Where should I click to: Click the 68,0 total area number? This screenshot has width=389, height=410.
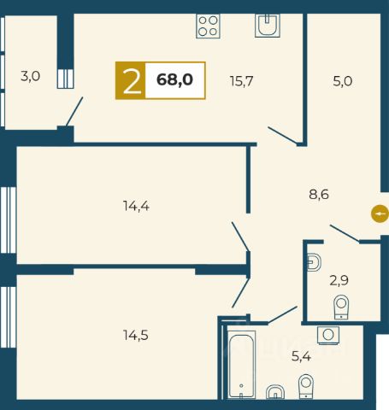point(174,79)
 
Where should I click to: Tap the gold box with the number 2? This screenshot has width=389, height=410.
point(131,80)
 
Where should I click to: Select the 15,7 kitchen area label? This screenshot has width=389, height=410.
point(241,81)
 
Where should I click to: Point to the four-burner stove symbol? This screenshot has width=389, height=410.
point(209,26)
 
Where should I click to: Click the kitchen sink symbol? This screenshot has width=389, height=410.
point(268,26)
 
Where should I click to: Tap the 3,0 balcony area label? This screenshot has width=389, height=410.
point(31,76)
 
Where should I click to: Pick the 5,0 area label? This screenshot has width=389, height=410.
point(343,81)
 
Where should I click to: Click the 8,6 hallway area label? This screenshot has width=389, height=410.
point(319,195)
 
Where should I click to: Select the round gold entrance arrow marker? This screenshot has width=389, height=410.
point(380,214)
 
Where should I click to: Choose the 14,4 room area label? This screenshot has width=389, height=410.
point(136,206)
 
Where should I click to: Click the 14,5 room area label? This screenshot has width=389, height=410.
point(136,335)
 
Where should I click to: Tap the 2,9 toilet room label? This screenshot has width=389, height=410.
point(339,280)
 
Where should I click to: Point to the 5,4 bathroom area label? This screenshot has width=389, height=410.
point(301,356)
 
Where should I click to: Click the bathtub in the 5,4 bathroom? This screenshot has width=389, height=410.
point(241,365)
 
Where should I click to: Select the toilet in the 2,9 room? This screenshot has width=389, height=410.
point(341,307)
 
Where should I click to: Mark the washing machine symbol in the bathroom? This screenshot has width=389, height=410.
point(328,335)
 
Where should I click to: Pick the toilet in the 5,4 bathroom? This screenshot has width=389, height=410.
point(306,386)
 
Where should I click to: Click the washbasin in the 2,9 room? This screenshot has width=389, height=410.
point(314,262)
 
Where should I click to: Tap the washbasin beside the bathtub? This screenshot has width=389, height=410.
point(275,392)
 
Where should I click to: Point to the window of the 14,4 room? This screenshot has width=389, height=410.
point(8,220)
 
